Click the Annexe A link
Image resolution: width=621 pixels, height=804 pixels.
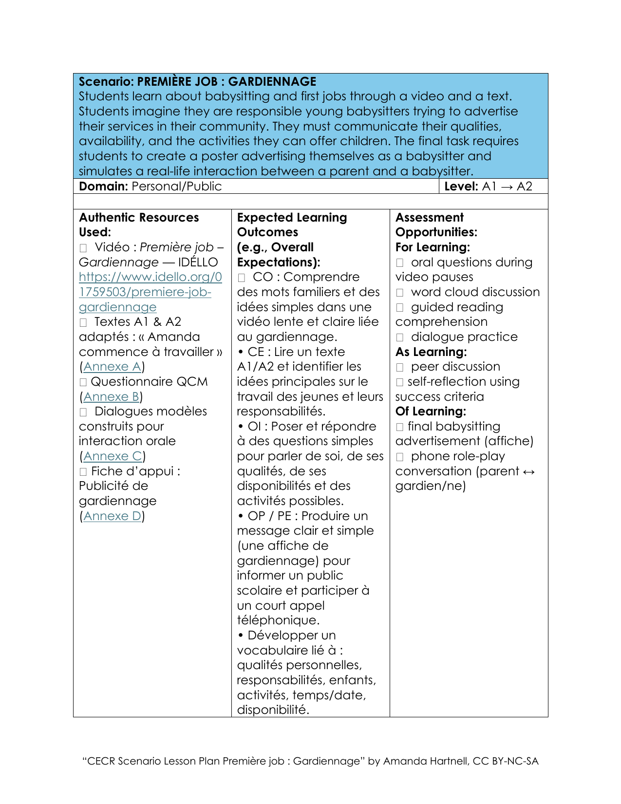pos(112,367)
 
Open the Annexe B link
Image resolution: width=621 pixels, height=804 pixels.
pos(111,397)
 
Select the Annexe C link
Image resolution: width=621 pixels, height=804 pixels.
pos(113,456)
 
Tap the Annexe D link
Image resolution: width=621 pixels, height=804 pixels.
pos(113,516)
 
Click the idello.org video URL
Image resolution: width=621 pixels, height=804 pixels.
pos(150,292)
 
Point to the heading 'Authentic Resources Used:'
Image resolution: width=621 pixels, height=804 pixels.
pos(139,224)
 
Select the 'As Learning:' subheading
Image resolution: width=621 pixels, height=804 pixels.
pos(431,352)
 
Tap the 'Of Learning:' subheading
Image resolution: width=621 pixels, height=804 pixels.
pos(431,411)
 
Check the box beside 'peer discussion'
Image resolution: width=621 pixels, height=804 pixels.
pos(400,368)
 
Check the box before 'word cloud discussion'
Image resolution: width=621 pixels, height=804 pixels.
pos(400,293)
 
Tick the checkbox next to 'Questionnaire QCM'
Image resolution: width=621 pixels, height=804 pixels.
pos(83,383)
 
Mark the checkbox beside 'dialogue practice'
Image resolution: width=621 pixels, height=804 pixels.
pos(400,337)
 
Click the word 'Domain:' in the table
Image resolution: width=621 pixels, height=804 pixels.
pos(104,187)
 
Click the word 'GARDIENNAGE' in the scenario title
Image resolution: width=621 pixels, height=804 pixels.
pos(272,81)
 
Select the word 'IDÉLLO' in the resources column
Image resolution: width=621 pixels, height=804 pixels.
pos(198,262)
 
